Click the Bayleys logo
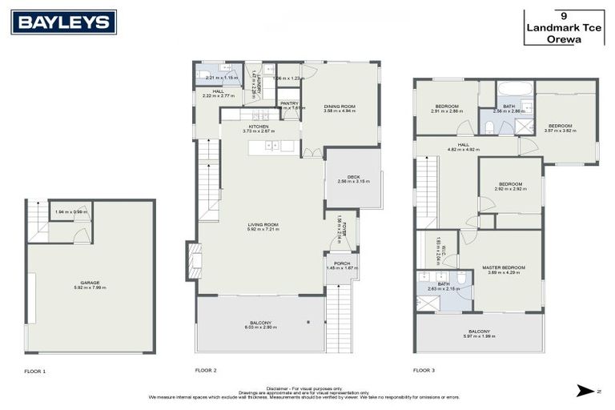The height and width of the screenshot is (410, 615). coord(63,22)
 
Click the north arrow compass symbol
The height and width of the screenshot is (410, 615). coord(585,390)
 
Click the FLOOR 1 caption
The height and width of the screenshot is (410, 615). coord(35,371)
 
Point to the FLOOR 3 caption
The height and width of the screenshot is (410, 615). coord(424,371)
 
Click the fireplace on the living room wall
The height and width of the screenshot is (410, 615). coord(192,260)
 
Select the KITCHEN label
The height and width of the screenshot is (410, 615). coord(259,127)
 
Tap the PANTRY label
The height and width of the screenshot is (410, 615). coord(288,102)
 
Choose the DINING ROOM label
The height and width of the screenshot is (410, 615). coord(339,107)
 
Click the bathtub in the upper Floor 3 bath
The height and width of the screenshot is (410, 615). coord(515,89)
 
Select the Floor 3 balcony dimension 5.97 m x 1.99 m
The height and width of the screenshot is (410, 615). coord(479,336)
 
